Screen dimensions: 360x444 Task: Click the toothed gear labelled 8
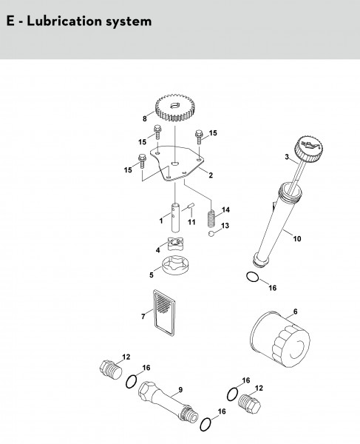[x=173, y=108]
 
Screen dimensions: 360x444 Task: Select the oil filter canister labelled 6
[x=280, y=340]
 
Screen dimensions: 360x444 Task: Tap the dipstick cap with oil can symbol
[x=308, y=148]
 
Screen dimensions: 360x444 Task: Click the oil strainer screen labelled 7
[x=164, y=312]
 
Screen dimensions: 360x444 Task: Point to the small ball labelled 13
[x=211, y=234]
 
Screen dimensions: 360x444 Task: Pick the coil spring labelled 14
[x=211, y=219]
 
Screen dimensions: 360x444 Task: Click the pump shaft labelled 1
[x=175, y=218]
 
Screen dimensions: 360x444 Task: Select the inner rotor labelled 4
[x=175, y=243]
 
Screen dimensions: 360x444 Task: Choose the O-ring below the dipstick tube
[x=252, y=277]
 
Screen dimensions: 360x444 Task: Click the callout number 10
[x=297, y=239]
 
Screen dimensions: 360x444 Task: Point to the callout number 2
[x=211, y=175]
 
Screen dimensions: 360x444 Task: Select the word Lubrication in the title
[x=65, y=21]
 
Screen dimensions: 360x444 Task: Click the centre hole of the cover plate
[x=175, y=164]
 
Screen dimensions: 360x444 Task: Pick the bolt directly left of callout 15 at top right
[x=199, y=137]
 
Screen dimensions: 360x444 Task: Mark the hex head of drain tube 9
[x=147, y=391]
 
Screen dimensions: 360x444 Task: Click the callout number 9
[x=180, y=390]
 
